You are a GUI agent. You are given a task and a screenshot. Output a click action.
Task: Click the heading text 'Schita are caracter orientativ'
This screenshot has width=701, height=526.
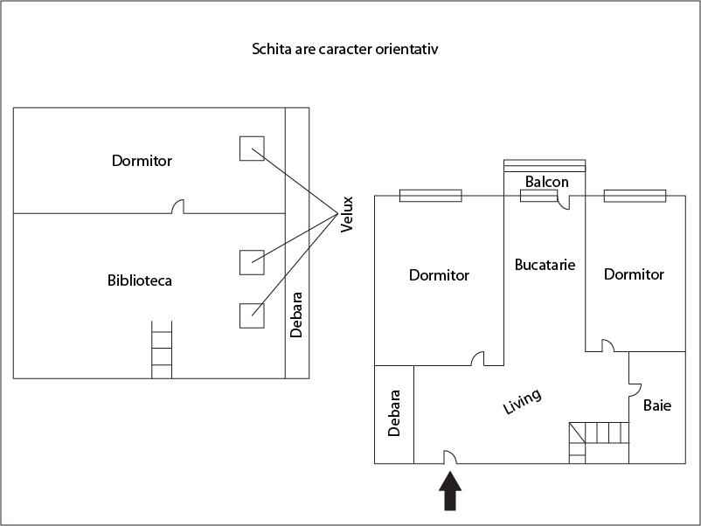[x=344, y=50]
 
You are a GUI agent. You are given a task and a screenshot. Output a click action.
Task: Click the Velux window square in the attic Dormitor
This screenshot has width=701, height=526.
[x=252, y=149]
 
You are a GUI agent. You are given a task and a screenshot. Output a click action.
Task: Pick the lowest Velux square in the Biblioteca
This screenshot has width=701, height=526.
[x=252, y=315]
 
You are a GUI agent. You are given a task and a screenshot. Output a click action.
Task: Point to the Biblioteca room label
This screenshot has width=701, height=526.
[x=140, y=280]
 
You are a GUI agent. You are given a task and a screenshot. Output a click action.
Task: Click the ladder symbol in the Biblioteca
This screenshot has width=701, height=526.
[x=162, y=350]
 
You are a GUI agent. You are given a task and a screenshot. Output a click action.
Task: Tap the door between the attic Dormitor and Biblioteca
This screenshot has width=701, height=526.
[x=178, y=207]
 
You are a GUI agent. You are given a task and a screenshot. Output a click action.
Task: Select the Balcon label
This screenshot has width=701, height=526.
[x=547, y=182]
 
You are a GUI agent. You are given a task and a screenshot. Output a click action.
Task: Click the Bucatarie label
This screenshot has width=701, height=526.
[x=545, y=264]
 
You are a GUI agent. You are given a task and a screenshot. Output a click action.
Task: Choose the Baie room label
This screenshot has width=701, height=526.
[x=657, y=405]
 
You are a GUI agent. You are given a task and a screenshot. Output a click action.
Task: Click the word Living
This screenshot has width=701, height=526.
[x=523, y=402]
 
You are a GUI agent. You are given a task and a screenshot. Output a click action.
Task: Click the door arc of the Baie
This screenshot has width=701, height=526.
[x=635, y=387]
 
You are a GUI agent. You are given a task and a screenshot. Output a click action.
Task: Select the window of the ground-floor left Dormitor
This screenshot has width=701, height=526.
[x=430, y=196]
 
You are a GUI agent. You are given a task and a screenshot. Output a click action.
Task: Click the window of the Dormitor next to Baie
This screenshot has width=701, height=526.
[x=635, y=196]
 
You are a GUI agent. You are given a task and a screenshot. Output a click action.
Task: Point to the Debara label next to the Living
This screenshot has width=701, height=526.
[x=394, y=413]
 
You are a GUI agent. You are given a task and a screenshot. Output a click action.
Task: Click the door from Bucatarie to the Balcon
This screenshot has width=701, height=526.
[x=565, y=202]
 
